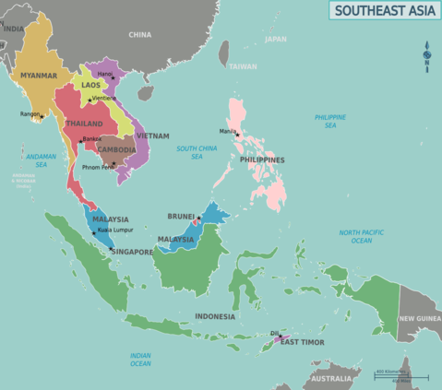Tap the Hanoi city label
[104, 74]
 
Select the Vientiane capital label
[104, 98]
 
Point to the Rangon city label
[30, 114]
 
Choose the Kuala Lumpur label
[117, 230]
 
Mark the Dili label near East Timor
[274, 334]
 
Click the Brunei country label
[181, 216]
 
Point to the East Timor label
[302, 342]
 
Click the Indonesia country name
[215, 316]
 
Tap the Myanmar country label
[39, 76]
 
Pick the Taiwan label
[244, 66]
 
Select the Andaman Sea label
[42, 161]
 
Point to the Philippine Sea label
[330, 121]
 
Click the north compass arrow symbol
[426, 55]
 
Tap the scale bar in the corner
[401, 375]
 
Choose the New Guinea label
[419, 319]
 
